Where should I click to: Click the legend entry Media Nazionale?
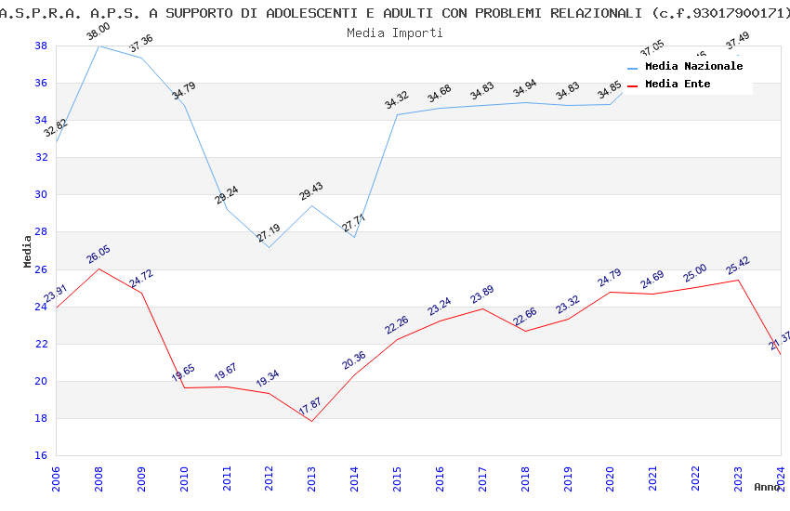[x=693, y=67]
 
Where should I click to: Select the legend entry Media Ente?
[x=678, y=85]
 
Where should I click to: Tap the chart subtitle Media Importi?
[x=395, y=33]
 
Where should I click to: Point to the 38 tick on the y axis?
[x=41, y=46]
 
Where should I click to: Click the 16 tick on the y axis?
[x=41, y=455]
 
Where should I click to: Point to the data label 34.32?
[x=397, y=100]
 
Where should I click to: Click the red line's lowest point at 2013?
[x=311, y=421]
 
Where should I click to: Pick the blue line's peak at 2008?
[x=99, y=46]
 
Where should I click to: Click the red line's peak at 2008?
[x=99, y=269]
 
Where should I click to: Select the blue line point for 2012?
[x=269, y=247]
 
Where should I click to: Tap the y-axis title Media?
[x=28, y=251]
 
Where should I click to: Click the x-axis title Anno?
[x=767, y=487]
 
